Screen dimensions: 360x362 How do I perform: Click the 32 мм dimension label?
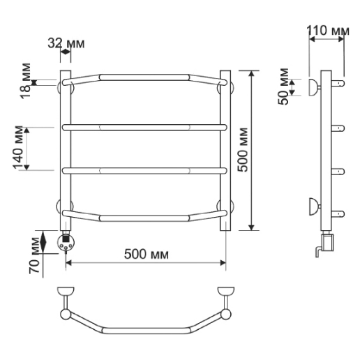point(66,43)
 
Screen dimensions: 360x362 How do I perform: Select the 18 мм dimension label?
point(25,81)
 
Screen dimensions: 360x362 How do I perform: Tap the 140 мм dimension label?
point(18,148)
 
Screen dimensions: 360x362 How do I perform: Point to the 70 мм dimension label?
point(34,255)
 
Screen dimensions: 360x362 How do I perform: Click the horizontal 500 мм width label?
point(147,254)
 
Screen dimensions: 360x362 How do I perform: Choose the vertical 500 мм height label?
point(243,150)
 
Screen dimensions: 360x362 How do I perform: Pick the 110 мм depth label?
point(328,31)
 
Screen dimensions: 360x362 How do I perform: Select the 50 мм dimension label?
point(283,86)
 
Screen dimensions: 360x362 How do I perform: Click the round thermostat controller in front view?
point(66,242)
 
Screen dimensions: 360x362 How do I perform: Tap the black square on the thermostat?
point(66,239)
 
